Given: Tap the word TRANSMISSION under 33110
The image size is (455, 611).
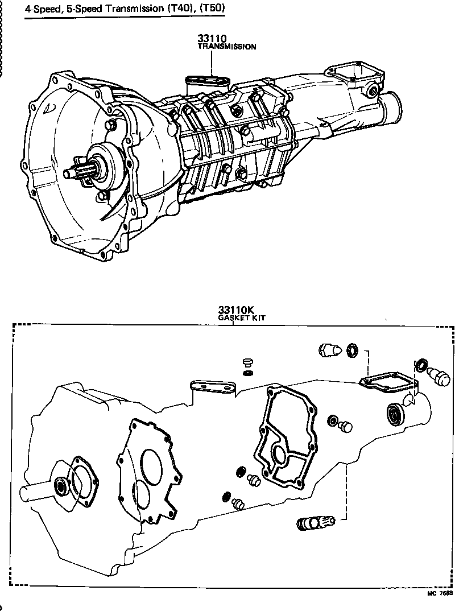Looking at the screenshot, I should click(x=226, y=47).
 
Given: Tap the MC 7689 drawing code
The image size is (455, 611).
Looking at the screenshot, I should click(x=440, y=593).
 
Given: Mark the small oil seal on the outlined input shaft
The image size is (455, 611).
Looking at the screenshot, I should click(x=60, y=487).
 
